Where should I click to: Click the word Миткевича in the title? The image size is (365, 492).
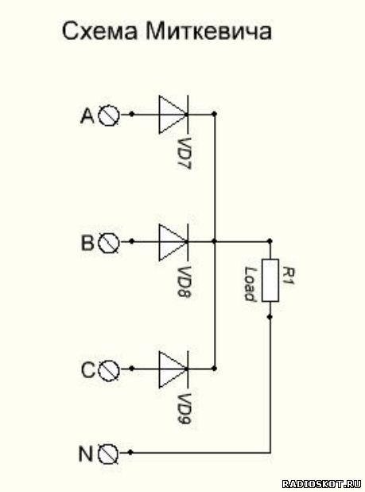208,31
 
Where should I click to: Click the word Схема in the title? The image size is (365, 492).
100,31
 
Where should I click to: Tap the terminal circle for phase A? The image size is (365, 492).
109,115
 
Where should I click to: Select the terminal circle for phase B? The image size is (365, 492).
109,242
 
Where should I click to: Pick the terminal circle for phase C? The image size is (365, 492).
109,369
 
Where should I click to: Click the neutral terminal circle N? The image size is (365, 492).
108,454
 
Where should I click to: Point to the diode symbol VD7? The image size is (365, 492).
173,115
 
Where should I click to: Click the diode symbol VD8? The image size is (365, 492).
173,242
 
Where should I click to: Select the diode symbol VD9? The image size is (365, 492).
173,369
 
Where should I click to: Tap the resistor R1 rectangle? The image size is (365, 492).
270,280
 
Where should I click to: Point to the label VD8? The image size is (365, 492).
183,282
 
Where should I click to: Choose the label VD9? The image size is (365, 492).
183,409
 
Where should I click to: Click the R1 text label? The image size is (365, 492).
288,275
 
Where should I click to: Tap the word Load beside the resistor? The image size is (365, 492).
250,284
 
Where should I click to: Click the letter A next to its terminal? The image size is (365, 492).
87,115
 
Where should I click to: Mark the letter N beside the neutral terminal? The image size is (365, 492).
85,454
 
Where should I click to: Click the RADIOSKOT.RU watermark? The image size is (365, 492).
322,483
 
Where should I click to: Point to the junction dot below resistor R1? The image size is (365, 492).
270,317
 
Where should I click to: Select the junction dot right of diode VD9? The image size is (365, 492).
215,369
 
